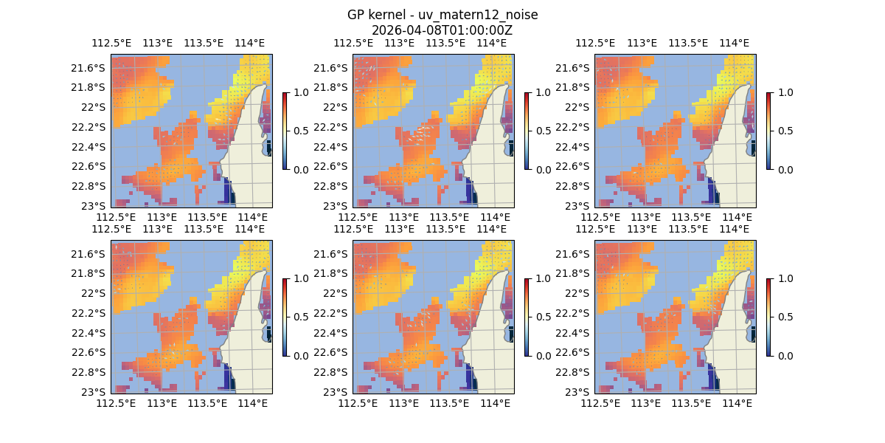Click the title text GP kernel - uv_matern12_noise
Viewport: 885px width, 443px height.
(x=442, y=15)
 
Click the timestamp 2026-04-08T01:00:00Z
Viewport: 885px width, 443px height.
(x=442, y=30)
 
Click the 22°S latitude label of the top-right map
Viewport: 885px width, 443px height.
(x=582, y=107)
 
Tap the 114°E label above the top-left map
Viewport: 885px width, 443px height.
(x=250, y=43)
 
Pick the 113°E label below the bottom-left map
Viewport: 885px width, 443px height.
(x=162, y=403)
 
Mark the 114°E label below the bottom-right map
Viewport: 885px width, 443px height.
(x=737, y=403)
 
